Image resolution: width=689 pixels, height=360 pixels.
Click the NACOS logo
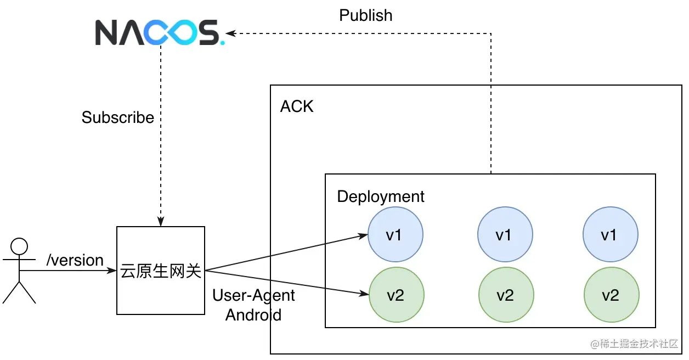160,32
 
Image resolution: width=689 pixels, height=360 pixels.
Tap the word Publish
366,15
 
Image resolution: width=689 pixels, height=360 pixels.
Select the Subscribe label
118,117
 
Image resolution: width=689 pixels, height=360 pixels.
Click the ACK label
297,106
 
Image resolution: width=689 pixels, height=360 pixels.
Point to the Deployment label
381,196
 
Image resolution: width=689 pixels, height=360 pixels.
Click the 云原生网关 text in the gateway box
161,271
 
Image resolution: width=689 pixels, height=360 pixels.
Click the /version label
75,260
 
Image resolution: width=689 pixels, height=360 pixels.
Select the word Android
253,315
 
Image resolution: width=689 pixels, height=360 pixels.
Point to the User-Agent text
253,295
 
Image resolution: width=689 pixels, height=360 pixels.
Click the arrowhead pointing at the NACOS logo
231,33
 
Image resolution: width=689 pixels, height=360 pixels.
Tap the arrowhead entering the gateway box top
161,222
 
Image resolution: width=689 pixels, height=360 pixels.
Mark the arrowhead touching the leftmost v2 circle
364,293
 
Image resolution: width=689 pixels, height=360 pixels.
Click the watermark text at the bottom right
634,344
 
